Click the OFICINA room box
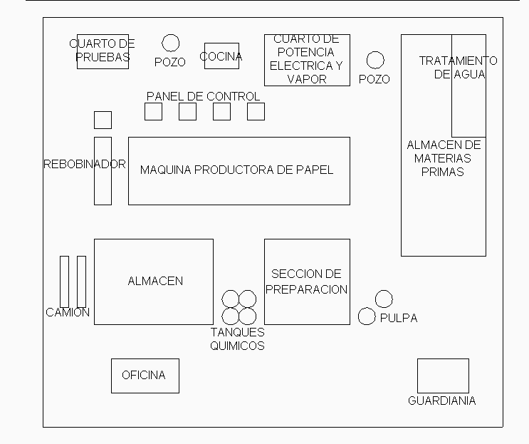(x=145, y=376)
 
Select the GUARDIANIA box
(x=442, y=375)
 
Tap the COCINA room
(x=221, y=56)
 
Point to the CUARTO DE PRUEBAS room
(x=103, y=51)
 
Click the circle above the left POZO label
(x=170, y=43)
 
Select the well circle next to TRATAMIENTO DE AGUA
(x=375, y=60)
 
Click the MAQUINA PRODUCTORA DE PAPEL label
(x=236, y=170)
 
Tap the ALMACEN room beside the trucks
(x=154, y=282)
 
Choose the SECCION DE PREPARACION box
(x=307, y=282)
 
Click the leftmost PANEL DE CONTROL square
(x=153, y=111)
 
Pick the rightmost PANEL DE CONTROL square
(x=256, y=111)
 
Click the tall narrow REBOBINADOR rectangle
(x=103, y=170)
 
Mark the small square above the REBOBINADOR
(x=103, y=120)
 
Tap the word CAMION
(x=68, y=312)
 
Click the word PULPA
(x=399, y=318)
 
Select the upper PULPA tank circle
(x=384, y=299)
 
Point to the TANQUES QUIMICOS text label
(x=237, y=339)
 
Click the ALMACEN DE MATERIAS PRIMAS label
(x=444, y=158)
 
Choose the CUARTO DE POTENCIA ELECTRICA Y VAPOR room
(x=307, y=60)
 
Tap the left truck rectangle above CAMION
(x=64, y=282)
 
